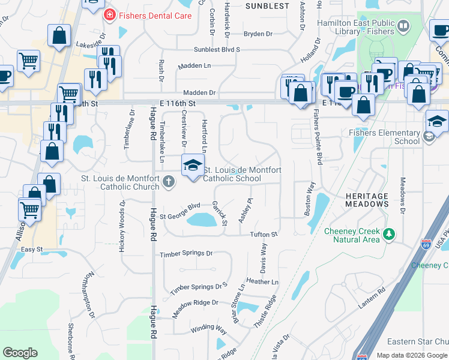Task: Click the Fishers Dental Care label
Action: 155,15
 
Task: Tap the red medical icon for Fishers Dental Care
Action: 109,14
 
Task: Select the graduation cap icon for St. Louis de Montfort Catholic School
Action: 193,166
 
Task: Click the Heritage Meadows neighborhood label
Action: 367,200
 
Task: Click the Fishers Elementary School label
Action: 387,137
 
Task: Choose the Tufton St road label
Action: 265,235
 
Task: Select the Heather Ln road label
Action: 262,281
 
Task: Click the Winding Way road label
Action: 209,329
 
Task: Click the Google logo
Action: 20,353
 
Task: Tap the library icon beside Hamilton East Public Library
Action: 403,26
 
